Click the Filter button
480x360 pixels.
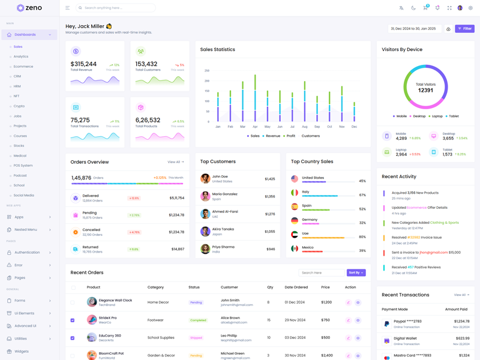point(464,29)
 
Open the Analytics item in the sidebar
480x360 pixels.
point(21,56)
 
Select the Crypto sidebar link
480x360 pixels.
point(19,106)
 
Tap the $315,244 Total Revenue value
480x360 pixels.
point(83,64)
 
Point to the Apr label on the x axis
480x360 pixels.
point(255,127)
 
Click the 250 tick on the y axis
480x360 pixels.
point(207,70)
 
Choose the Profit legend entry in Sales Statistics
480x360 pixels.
point(290,136)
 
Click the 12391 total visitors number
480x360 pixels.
point(425,90)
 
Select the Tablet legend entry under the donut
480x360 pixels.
point(453,116)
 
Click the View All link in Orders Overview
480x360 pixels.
point(175,162)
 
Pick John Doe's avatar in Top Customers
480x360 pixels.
point(205,179)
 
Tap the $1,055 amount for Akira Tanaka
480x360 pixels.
point(269,231)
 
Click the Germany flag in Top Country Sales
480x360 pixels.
point(295,220)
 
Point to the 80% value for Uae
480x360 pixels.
point(362,236)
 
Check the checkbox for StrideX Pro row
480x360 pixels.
point(73,320)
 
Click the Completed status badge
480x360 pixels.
point(198,320)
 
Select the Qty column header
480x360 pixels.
point(270,287)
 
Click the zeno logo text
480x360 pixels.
point(33,8)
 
